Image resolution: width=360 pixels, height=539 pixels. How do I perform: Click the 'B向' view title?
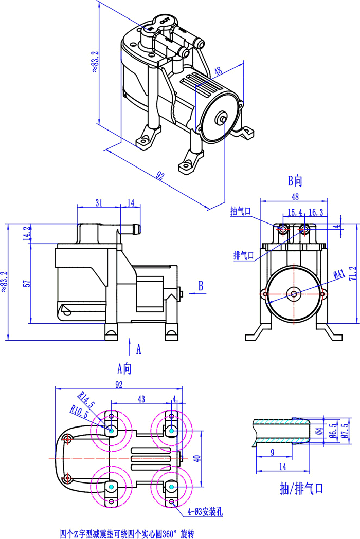click(295, 180)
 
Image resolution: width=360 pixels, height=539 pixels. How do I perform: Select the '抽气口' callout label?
click(240, 212)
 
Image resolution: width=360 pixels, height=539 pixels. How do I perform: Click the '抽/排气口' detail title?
click(302, 488)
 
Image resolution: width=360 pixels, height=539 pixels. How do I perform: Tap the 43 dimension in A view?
click(141, 399)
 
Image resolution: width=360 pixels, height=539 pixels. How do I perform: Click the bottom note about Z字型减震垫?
click(127, 534)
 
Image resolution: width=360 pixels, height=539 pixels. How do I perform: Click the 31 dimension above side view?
click(98, 203)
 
